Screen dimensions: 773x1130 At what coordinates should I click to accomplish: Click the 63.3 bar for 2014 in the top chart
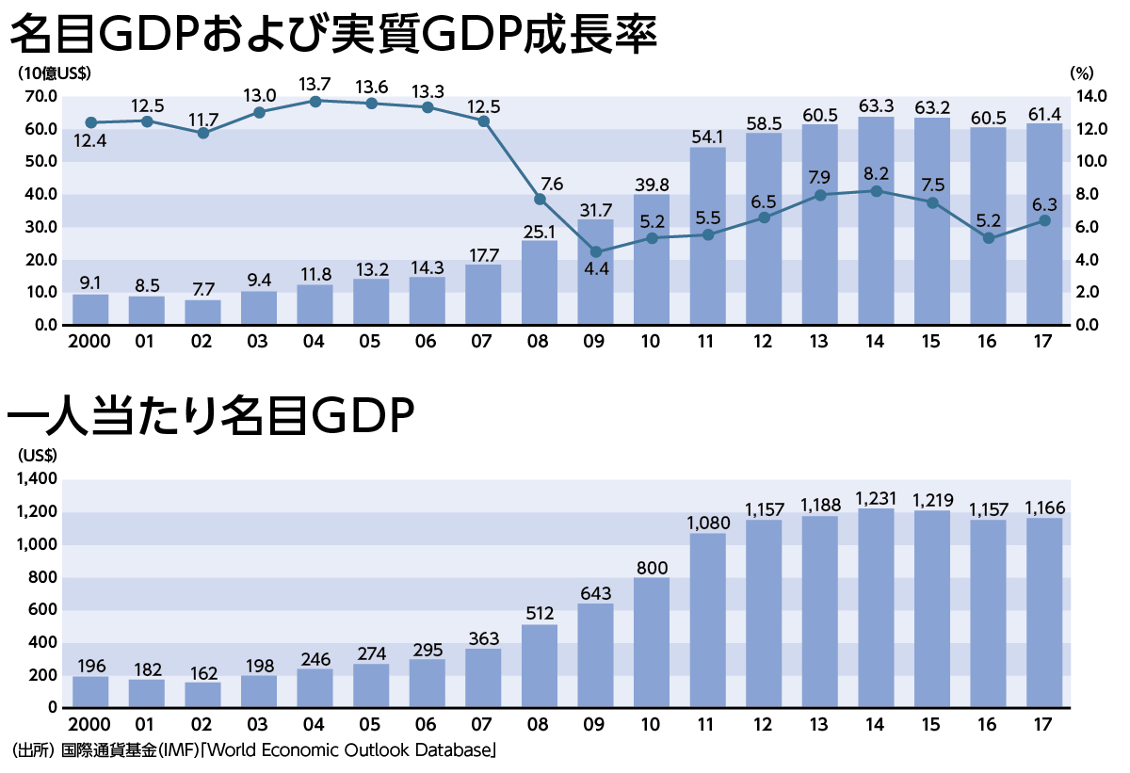(876, 221)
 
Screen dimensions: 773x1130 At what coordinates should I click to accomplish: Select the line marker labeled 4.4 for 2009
(595, 252)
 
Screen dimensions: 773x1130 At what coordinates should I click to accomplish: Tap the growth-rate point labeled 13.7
(315, 101)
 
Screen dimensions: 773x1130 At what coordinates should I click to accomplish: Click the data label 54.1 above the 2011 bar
(707, 137)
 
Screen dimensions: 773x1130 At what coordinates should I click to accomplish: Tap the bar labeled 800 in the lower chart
(651, 642)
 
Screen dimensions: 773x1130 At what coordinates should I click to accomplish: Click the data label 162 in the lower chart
(202, 673)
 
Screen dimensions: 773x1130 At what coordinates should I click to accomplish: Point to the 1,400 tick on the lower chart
(37, 479)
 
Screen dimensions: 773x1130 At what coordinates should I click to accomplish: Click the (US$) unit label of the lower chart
(38, 455)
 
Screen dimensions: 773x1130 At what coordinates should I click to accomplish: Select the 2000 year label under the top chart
(89, 342)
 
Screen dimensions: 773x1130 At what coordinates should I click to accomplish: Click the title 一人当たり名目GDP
(212, 419)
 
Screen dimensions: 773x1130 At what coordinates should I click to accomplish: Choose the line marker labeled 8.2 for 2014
(876, 191)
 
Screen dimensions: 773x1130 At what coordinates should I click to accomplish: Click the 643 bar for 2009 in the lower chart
(595, 655)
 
